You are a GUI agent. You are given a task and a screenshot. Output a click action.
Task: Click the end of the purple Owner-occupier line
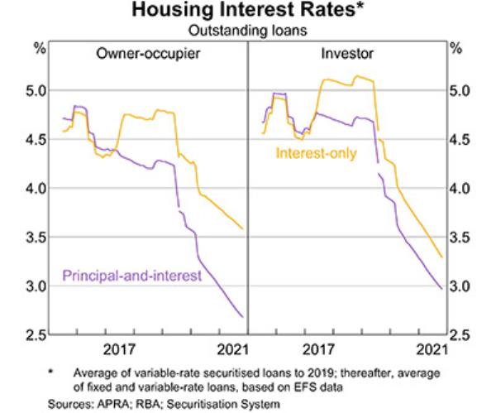pyautogui.click(x=242, y=316)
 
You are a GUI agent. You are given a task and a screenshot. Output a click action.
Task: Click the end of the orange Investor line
pyautogui.click(x=442, y=257)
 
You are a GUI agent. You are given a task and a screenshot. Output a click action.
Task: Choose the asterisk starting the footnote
pyautogui.click(x=50, y=372)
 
